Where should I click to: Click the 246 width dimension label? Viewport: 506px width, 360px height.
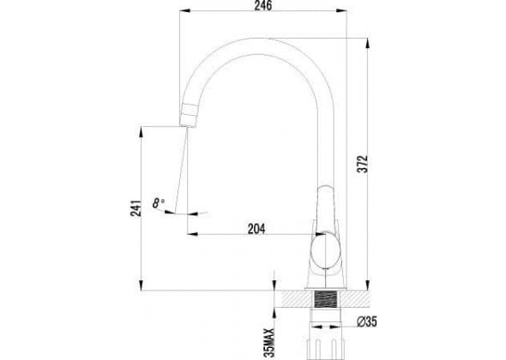(263, 5)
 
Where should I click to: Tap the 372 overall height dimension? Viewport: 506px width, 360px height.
(363, 164)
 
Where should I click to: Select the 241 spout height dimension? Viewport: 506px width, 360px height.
(136, 208)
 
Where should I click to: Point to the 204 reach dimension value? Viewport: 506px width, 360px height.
(256, 229)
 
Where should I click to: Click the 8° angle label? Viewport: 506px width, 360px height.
(158, 203)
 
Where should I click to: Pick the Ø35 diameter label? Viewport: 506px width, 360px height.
(366, 321)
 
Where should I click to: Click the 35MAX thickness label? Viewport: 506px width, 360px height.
(268, 343)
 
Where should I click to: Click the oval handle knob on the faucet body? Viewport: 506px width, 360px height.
(326, 250)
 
